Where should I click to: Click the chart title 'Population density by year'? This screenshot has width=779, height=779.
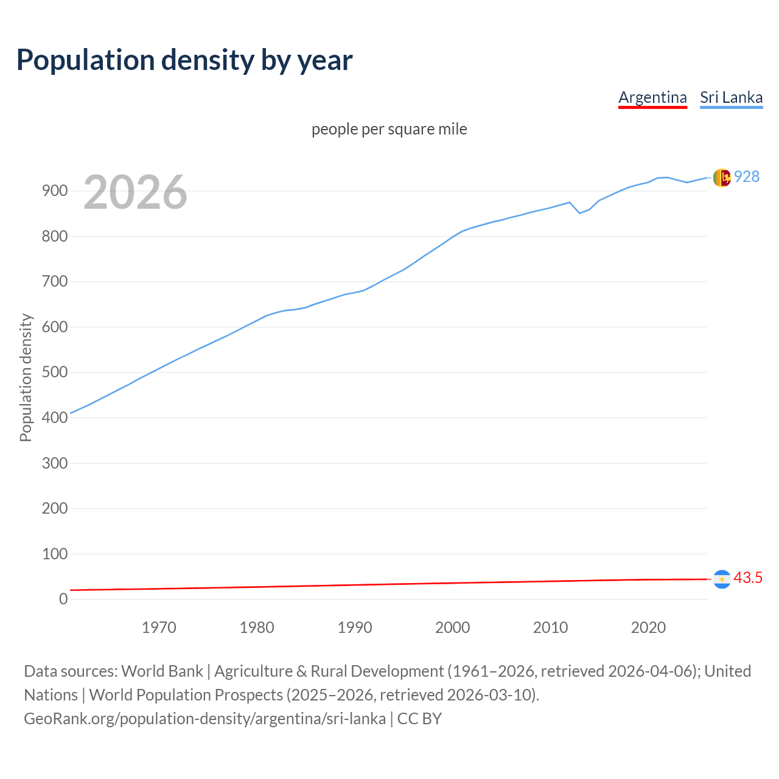(x=184, y=60)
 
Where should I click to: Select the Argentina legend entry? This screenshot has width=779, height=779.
(x=652, y=97)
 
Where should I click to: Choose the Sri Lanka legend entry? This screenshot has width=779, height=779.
(x=731, y=97)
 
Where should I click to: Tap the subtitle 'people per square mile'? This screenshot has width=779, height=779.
(x=389, y=129)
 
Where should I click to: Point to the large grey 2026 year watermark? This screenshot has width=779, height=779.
(x=135, y=192)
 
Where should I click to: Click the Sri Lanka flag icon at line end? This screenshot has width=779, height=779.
(x=722, y=178)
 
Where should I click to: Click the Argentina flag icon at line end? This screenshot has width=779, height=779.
(x=722, y=579)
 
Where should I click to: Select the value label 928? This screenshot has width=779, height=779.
(x=747, y=176)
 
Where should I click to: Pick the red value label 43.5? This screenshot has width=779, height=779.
(x=748, y=578)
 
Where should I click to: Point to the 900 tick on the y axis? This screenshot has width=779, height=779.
(x=55, y=191)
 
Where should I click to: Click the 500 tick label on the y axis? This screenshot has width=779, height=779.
(x=55, y=372)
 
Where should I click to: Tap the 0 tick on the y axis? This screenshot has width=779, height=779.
(x=63, y=599)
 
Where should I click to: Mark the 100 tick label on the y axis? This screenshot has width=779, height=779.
(x=55, y=554)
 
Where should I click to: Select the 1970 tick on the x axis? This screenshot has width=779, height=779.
(x=159, y=627)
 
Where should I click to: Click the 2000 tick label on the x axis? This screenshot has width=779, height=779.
(x=452, y=627)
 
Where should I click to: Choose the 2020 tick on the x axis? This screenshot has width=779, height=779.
(x=648, y=627)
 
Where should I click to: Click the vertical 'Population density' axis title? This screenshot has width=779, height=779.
(x=26, y=377)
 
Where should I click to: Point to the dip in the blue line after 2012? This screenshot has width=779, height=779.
(x=579, y=212)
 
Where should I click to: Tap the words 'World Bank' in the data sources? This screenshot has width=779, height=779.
(x=162, y=671)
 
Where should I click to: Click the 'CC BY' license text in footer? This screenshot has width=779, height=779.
(x=419, y=719)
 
